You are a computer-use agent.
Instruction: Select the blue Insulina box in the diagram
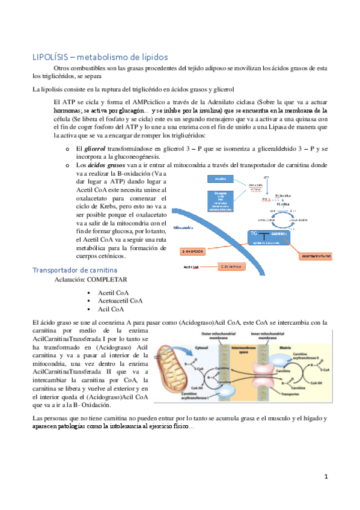point(221,179)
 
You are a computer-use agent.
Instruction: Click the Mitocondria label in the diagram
point(185,229)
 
